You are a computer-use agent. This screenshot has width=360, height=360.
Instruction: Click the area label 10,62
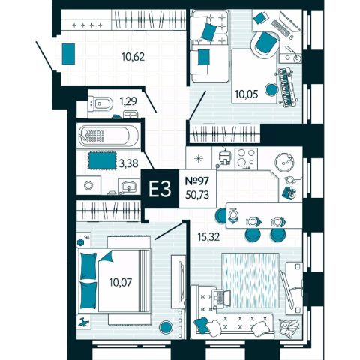pos(133,57)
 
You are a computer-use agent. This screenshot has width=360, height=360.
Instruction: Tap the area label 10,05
pos(246,94)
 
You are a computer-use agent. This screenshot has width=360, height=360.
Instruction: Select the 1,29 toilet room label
pos(128,101)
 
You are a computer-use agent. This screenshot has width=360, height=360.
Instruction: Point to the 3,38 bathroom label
pos(129,163)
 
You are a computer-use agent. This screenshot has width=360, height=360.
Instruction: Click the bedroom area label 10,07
pos(120,282)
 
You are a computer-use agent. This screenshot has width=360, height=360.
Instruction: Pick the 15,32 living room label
pos(208,236)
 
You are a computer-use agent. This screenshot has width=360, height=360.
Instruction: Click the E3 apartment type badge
pos(160,189)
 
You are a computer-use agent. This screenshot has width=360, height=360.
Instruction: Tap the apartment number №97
pos(196,181)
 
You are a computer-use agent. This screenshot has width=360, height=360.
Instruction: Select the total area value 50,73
pos(197,195)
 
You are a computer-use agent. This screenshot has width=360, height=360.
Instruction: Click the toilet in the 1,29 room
pos(100,103)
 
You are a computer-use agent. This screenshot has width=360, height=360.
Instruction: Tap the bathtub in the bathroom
pos(107,136)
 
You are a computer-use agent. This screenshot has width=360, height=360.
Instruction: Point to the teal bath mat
pos(102,159)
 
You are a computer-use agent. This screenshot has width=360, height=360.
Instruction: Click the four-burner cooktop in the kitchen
pos(246,157)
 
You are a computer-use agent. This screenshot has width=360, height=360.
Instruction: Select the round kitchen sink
pos(284,162)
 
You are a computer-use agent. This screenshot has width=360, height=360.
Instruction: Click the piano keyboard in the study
pos(287,88)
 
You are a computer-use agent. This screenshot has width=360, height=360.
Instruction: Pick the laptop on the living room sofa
pos(220,298)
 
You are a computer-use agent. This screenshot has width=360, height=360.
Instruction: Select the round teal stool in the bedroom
pos(166,327)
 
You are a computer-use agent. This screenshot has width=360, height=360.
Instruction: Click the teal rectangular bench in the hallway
pos(68,54)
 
